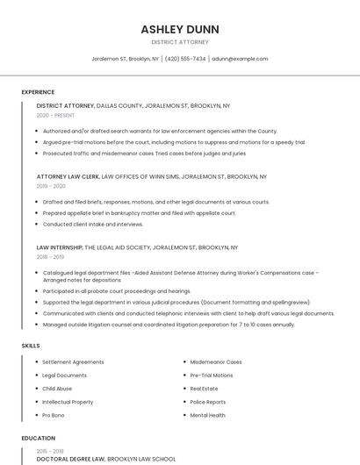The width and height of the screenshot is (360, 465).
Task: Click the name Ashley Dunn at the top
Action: tap(180, 29)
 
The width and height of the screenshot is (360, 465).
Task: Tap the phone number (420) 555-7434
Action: tap(185, 59)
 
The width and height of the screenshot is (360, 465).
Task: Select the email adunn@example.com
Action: tap(240, 59)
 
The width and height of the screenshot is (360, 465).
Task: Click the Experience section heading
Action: tap(38, 92)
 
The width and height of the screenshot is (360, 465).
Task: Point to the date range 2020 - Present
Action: tap(55, 115)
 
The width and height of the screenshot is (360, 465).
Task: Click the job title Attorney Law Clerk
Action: tap(68, 176)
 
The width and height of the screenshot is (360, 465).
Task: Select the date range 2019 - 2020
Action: tap(51, 186)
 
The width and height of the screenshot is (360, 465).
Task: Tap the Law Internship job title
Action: tap(59, 247)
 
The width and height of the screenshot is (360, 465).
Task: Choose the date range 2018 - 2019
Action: tap(50, 257)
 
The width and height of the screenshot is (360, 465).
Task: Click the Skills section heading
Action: tap(31, 346)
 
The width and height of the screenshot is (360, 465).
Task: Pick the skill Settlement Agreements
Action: tap(73, 361)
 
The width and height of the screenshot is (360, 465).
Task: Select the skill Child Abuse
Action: tap(57, 389)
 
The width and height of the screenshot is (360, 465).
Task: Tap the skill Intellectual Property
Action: tap(68, 402)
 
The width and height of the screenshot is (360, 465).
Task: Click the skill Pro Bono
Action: tap(53, 415)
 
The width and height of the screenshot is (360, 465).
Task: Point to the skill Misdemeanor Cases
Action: tap(216, 361)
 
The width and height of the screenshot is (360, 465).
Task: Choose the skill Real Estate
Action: tap(204, 389)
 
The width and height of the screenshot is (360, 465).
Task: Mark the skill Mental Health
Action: tap(207, 415)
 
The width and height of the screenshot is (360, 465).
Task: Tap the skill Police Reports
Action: tap(207, 402)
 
